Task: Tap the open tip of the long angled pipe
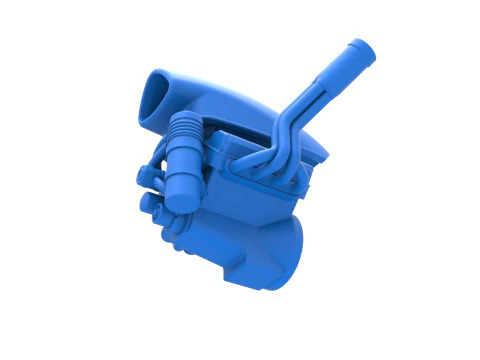tap(359, 47)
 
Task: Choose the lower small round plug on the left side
tap(152, 205)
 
